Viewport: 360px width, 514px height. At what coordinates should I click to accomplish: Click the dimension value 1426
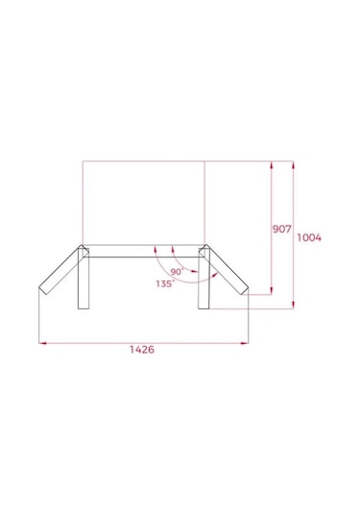[141, 351]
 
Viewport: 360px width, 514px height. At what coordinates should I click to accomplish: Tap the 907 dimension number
[281, 230]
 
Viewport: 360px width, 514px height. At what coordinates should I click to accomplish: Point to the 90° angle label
[177, 270]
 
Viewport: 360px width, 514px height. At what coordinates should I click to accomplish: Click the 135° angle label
[164, 283]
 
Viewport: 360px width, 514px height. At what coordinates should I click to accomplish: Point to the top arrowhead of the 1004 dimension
[292, 165]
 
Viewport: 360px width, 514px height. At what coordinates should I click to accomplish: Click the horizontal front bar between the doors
[144, 257]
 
